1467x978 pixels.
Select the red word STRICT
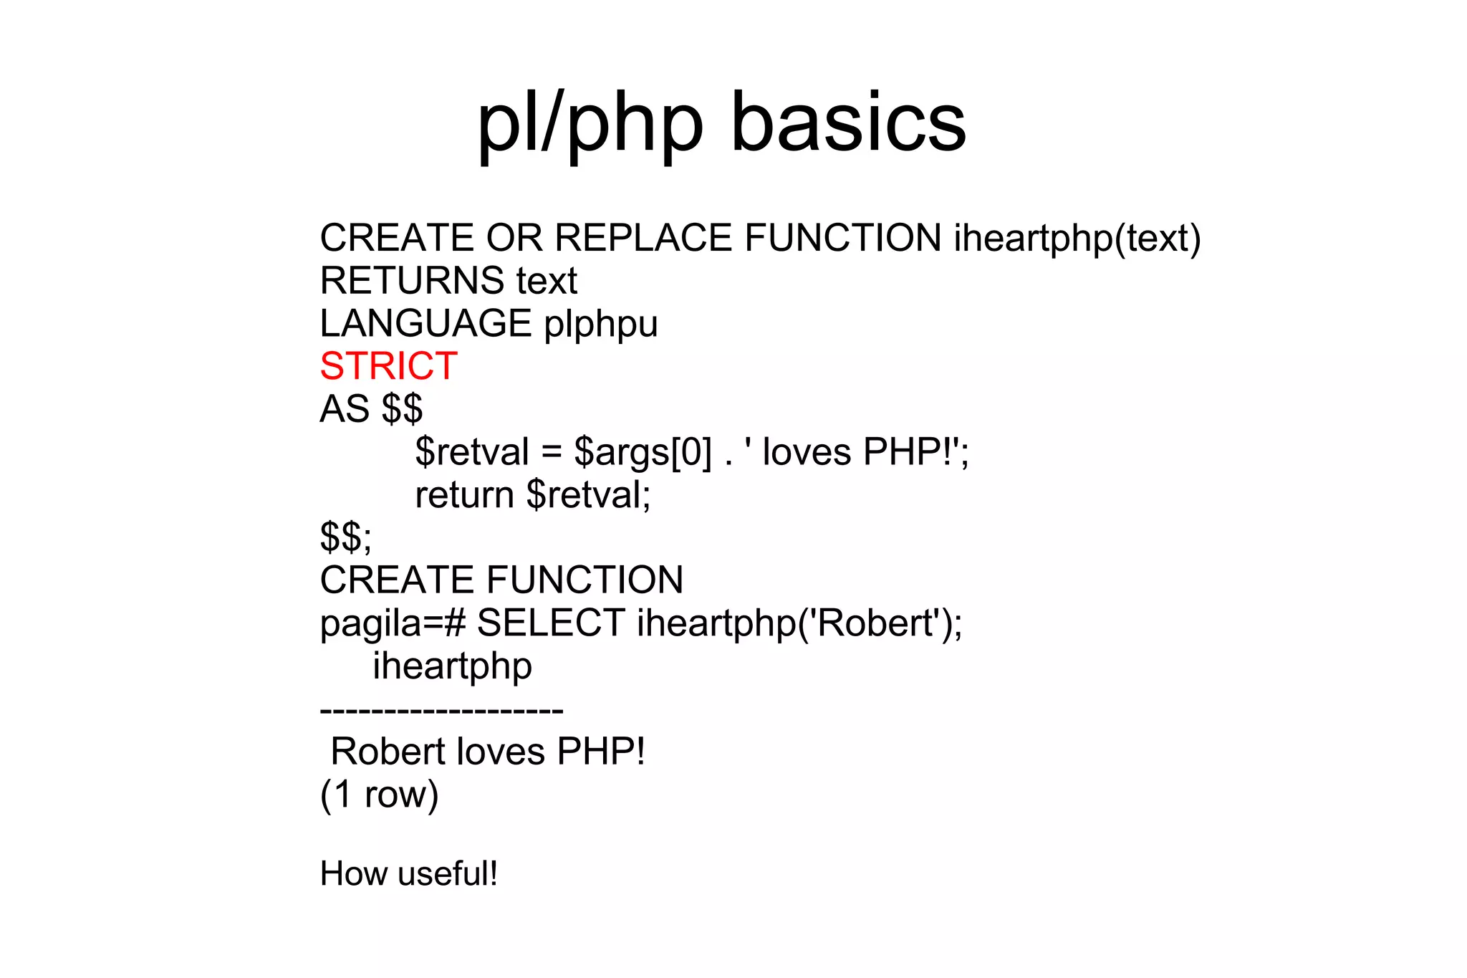click(388, 366)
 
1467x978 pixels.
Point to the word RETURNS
click(411, 280)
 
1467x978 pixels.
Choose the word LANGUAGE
click(425, 324)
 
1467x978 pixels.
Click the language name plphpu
click(600, 325)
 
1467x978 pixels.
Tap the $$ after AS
click(402, 409)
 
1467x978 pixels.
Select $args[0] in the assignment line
click(643, 453)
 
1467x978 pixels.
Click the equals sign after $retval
click(551, 453)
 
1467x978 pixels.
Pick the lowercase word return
click(464, 495)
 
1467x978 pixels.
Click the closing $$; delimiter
click(345, 537)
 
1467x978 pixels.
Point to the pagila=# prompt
click(393, 623)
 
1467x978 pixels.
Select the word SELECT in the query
click(551, 623)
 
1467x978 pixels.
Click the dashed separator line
click(441, 711)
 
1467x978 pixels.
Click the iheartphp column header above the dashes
click(452, 666)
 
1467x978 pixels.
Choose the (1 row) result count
click(379, 795)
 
